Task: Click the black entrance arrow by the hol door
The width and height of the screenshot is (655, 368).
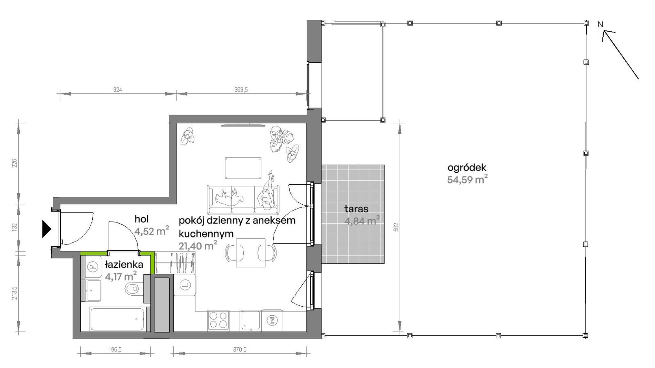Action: [x=47, y=229]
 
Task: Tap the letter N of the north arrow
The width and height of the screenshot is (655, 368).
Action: [x=600, y=24]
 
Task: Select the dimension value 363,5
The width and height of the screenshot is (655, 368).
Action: [x=241, y=90]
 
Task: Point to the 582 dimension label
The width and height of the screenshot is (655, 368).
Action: [x=396, y=227]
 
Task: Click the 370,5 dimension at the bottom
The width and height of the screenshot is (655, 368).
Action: [x=240, y=350]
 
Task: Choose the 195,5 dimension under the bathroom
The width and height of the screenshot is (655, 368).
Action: [x=115, y=350]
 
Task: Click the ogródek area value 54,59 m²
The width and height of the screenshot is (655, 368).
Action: [x=467, y=179]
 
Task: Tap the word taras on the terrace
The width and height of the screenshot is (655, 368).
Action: [x=356, y=209]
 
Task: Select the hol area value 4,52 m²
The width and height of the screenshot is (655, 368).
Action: [x=152, y=231]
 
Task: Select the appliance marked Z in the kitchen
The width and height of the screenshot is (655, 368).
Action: [x=272, y=321]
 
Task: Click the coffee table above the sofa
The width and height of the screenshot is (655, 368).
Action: [x=243, y=168]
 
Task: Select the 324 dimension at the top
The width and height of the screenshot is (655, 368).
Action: [x=118, y=90]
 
